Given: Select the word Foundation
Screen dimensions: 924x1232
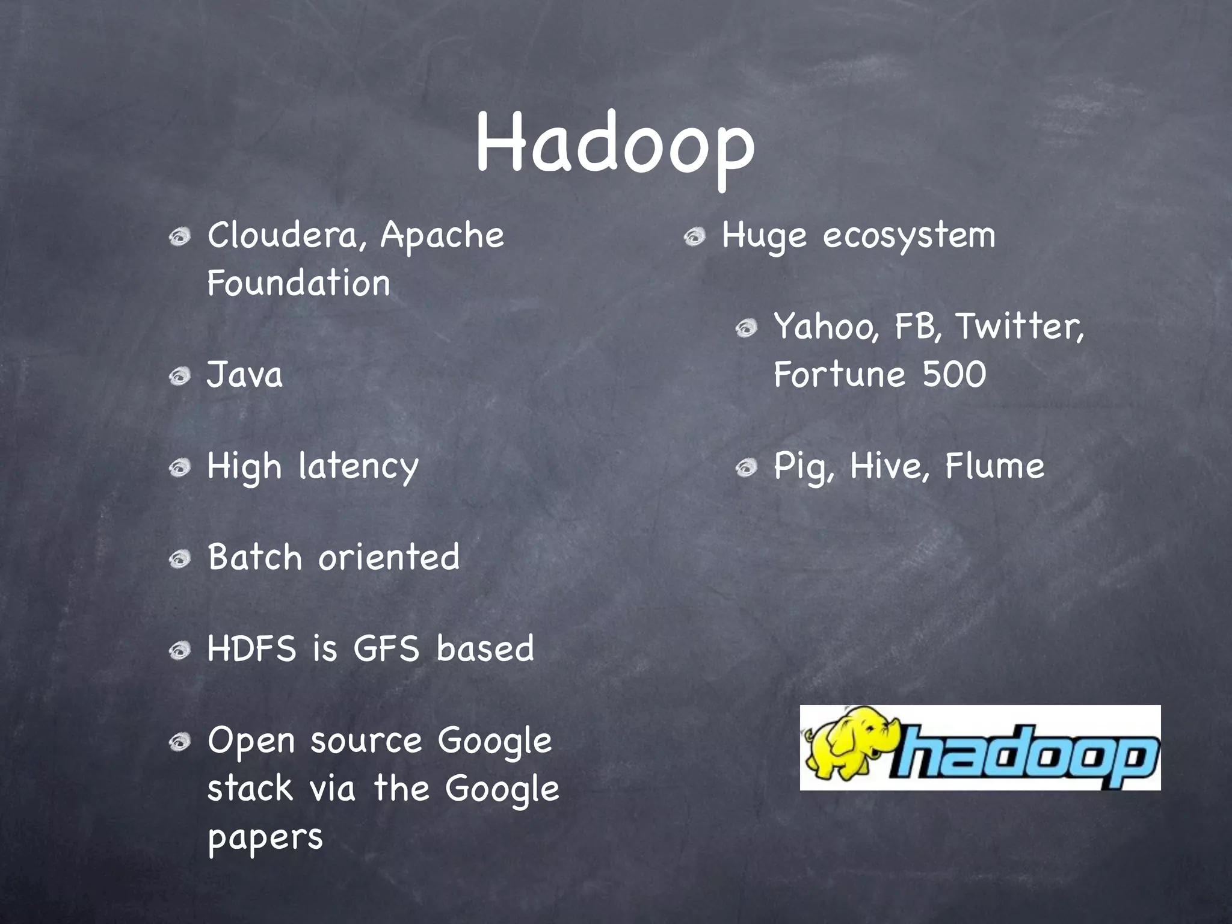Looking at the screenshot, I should coord(298,283).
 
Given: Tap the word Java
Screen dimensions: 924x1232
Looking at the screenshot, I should coord(244,375).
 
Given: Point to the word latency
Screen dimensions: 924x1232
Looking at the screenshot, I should coord(359,467).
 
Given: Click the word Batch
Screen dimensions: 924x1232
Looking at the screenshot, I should coord(254,556).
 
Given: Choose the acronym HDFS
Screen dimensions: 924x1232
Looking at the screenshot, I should coord(252,648).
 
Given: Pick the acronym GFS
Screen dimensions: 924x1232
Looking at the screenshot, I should coord(386,648).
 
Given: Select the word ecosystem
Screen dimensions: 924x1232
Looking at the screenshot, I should coord(909,236).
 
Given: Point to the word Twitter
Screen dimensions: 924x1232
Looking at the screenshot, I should coord(1020,327).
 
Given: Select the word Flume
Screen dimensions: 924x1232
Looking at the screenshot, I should coord(994,466).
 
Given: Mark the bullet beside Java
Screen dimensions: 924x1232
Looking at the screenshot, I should coord(179,377).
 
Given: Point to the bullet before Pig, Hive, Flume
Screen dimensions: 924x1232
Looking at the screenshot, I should coord(746,467).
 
